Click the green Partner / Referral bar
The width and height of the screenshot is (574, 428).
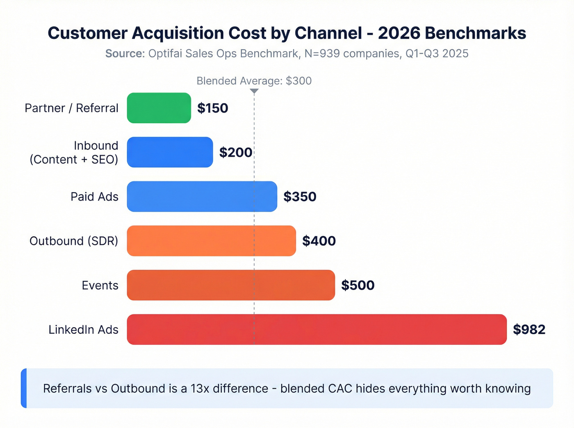[159, 108]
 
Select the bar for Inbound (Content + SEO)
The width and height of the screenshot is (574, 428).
[170, 152]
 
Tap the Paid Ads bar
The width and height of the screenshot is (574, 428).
[202, 197]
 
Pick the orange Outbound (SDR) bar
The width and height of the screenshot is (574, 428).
[211, 241]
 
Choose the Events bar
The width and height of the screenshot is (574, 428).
[231, 285]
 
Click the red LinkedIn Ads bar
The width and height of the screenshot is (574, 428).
[317, 329]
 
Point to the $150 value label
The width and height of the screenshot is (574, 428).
[212, 108]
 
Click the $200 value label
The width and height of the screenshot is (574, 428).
[235, 152]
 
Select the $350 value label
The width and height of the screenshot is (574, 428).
[300, 197]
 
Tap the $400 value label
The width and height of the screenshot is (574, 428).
[319, 241]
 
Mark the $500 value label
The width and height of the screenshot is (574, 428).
[358, 285]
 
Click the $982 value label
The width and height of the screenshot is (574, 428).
[529, 329]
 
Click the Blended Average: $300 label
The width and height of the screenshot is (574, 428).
[254, 81]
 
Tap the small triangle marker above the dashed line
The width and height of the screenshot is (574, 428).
[254, 91]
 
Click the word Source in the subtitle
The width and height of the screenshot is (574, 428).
[124, 54]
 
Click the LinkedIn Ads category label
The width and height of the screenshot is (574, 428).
[83, 330]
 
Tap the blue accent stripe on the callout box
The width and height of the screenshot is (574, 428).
[24, 388]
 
